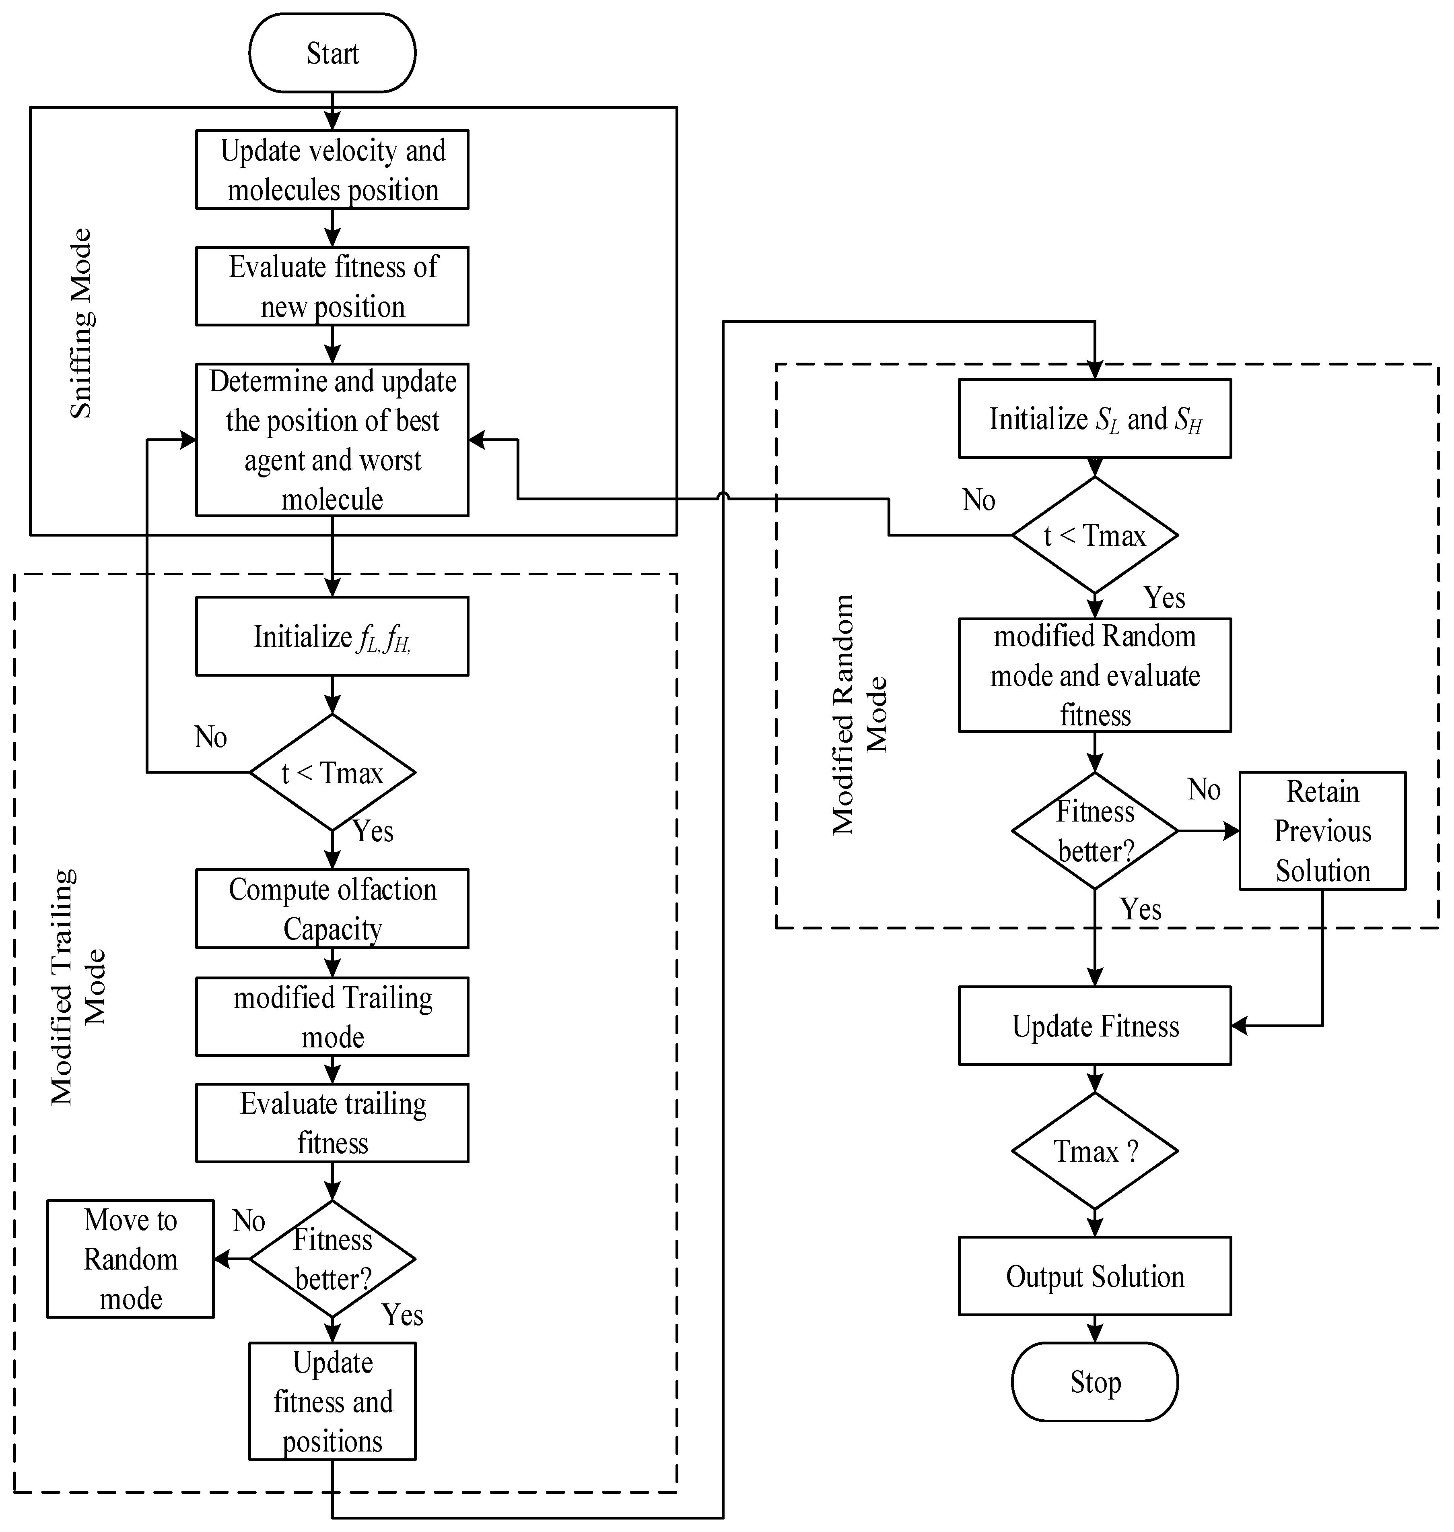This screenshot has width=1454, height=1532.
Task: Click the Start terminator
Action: point(332,53)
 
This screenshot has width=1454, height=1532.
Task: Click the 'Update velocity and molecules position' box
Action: point(332,169)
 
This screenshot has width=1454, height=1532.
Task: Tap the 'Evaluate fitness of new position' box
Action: point(332,286)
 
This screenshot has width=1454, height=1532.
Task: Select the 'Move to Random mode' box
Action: point(130,1259)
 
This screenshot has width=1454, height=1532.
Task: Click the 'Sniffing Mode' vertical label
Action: point(80,323)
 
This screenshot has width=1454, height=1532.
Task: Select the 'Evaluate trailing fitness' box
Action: point(332,1123)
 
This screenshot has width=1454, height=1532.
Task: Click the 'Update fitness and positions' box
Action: point(332,1402)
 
